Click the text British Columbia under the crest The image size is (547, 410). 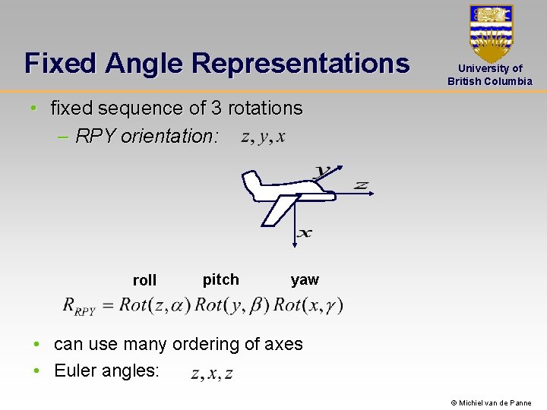(490, 81)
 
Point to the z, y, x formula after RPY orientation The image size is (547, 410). (263, 137)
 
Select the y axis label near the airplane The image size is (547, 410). (323, 171)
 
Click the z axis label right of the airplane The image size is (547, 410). (362, 185)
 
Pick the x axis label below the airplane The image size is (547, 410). (304, 233)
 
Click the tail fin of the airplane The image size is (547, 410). (250, 181)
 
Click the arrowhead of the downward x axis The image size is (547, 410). (294, 244)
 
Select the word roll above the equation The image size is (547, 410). (144, 280)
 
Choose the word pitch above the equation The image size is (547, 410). (220, 279)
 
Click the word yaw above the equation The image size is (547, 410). (305, 279)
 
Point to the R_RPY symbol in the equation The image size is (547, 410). (79, 307)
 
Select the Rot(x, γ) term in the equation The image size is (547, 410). (308, 305)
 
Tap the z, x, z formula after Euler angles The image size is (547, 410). (212, 373)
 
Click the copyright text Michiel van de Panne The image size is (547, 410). (491, 402)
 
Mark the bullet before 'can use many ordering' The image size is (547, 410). (36, 344)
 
